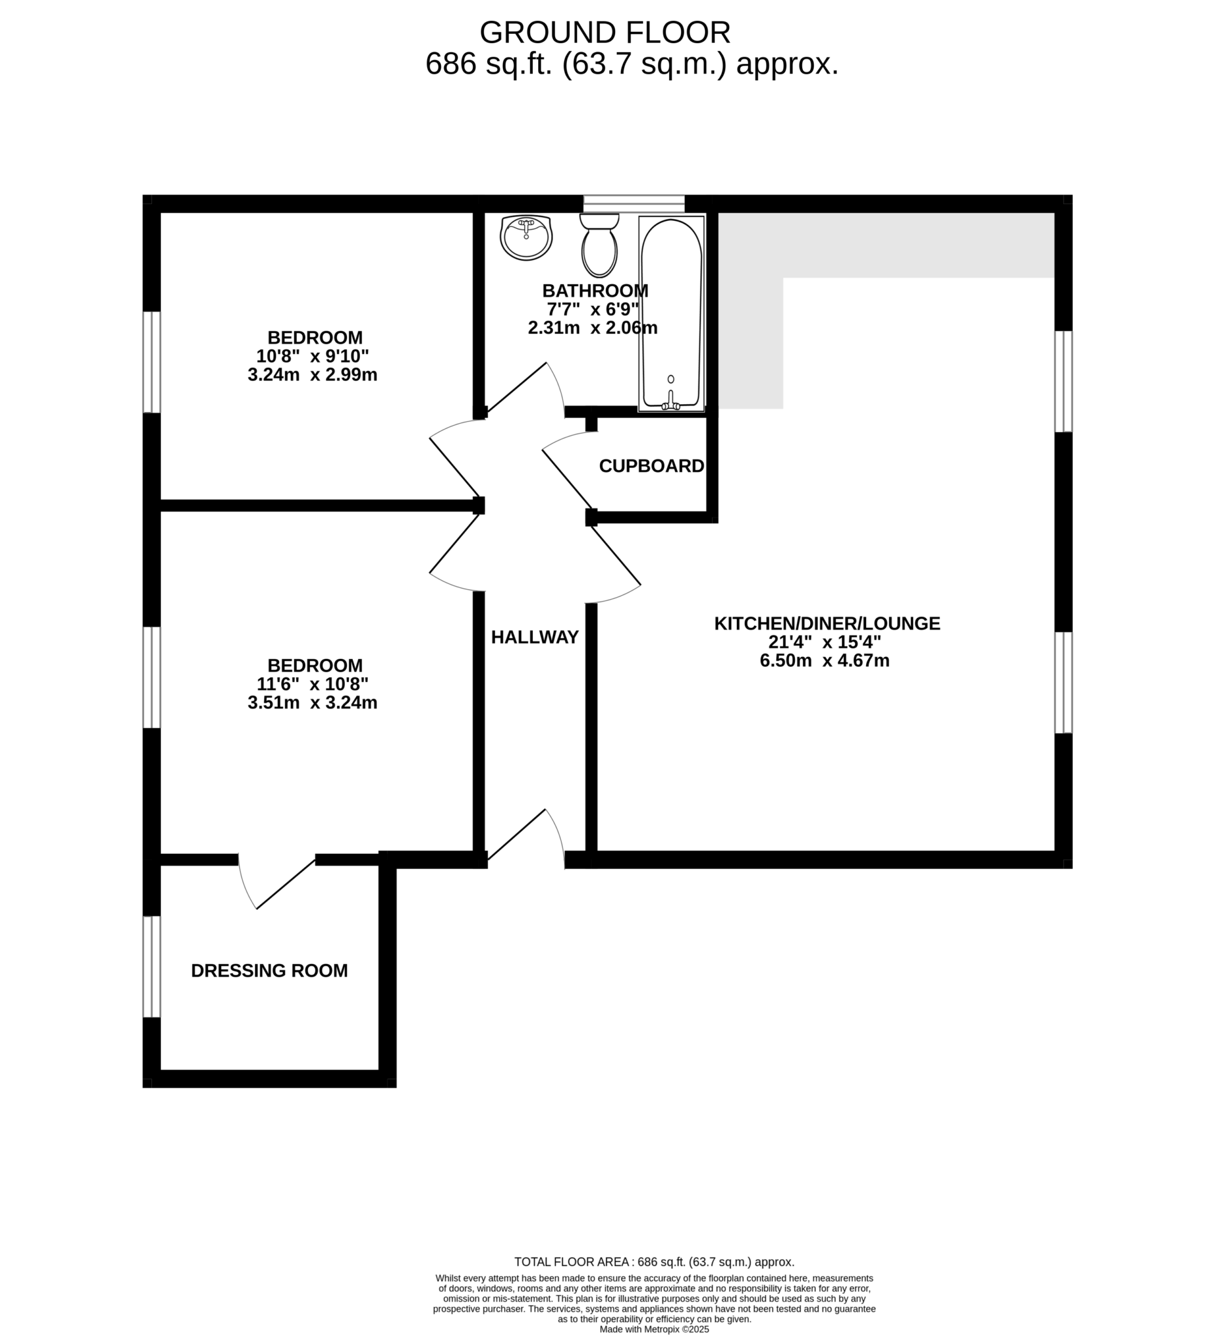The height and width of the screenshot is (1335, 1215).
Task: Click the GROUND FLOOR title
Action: pos(605,33)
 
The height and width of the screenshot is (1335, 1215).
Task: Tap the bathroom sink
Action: pos(526,238)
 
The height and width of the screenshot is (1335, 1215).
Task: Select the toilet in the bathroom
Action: pos(599,244)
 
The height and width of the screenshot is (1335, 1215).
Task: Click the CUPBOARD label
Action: pos(652,466)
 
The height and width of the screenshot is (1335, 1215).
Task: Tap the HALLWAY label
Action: pos(535,637)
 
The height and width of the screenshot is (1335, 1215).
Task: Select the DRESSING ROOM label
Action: pos(269,971)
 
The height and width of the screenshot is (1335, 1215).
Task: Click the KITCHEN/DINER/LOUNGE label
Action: pos(827,623)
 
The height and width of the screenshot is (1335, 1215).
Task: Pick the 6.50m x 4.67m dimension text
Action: pos(824,660)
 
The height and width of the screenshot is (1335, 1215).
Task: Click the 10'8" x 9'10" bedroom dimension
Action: pos(312,357)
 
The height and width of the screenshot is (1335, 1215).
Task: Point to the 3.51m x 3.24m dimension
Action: pos(312,703)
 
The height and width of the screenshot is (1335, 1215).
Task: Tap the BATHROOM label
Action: pos(595,291)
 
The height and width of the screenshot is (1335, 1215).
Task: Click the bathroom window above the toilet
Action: pos(633,203)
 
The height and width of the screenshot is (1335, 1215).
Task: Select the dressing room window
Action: pos(152,967)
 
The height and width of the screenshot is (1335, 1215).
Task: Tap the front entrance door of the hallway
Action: pos(526,836)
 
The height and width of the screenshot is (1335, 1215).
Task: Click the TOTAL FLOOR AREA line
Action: pos(654,1262)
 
